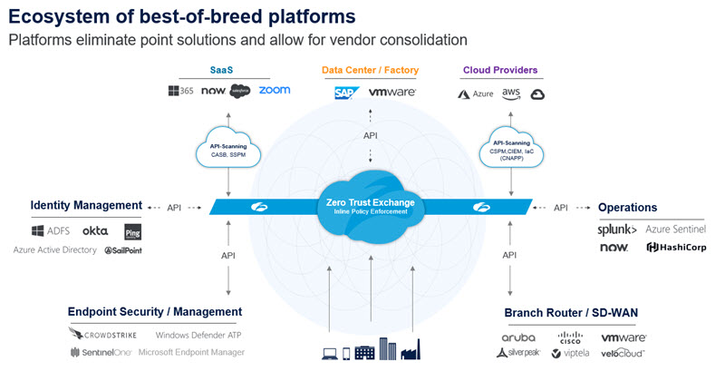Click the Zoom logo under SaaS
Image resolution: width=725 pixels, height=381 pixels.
point(274,91)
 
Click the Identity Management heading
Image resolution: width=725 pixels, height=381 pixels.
point(86,206)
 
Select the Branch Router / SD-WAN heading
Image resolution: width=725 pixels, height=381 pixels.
point(571,313)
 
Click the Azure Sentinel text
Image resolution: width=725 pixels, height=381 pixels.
point(675,230)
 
